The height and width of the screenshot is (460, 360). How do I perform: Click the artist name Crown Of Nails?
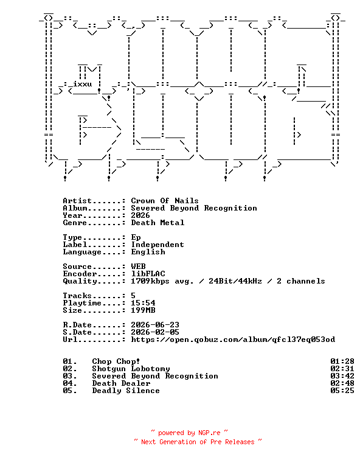[165, 201]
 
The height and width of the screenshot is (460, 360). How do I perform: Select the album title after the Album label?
[194, 208]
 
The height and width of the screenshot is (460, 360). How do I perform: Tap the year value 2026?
[140, 215]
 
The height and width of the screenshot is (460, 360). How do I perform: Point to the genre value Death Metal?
[157, 223]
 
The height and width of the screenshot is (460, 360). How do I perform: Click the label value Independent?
[157, 245]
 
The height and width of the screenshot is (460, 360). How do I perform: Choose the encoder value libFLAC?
[148, 274]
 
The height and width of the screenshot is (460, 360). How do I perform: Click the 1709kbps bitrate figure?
[150, 281]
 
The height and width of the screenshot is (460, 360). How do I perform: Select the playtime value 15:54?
[143, 303]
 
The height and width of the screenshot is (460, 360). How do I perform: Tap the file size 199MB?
[143, 310]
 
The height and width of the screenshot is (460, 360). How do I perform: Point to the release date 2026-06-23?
[155, 325]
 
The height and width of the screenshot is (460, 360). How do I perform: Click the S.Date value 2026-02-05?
[155, 332]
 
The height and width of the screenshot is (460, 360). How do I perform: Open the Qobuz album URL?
[233, 340]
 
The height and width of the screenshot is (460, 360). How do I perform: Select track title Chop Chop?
[116, 361]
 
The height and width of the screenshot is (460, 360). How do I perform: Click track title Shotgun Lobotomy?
[131, 369]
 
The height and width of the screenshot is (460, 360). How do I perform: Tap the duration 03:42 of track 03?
[342, 376]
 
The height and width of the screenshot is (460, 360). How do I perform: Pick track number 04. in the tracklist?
[70, 383]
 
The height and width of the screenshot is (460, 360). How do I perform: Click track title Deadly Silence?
[126, 391]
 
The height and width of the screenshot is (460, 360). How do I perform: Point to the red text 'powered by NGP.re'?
[189, 433]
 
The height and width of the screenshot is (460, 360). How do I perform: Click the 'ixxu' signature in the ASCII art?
[82, 84]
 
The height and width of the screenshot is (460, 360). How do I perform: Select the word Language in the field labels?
[82, 252]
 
